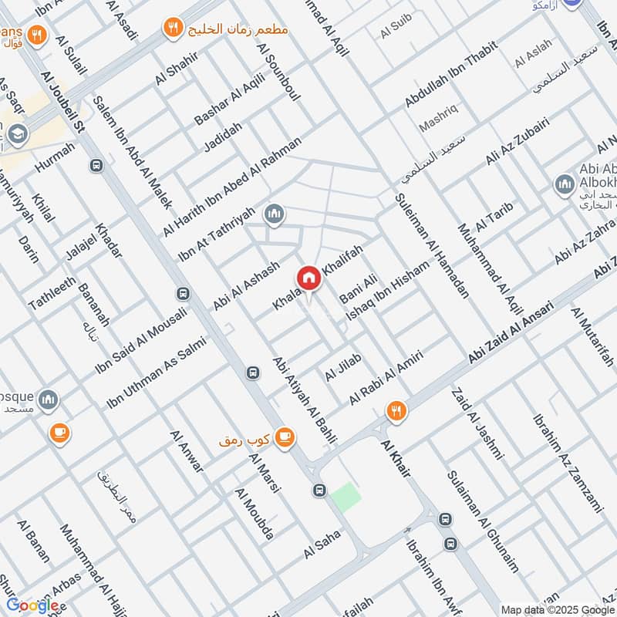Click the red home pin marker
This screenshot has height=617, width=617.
[308, 277]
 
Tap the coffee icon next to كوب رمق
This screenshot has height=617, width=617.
[285, 437]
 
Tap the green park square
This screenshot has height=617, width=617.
[346, 495]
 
